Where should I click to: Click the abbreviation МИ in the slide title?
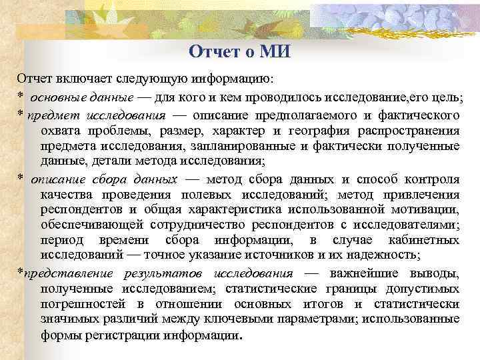[x=275, y=51]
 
